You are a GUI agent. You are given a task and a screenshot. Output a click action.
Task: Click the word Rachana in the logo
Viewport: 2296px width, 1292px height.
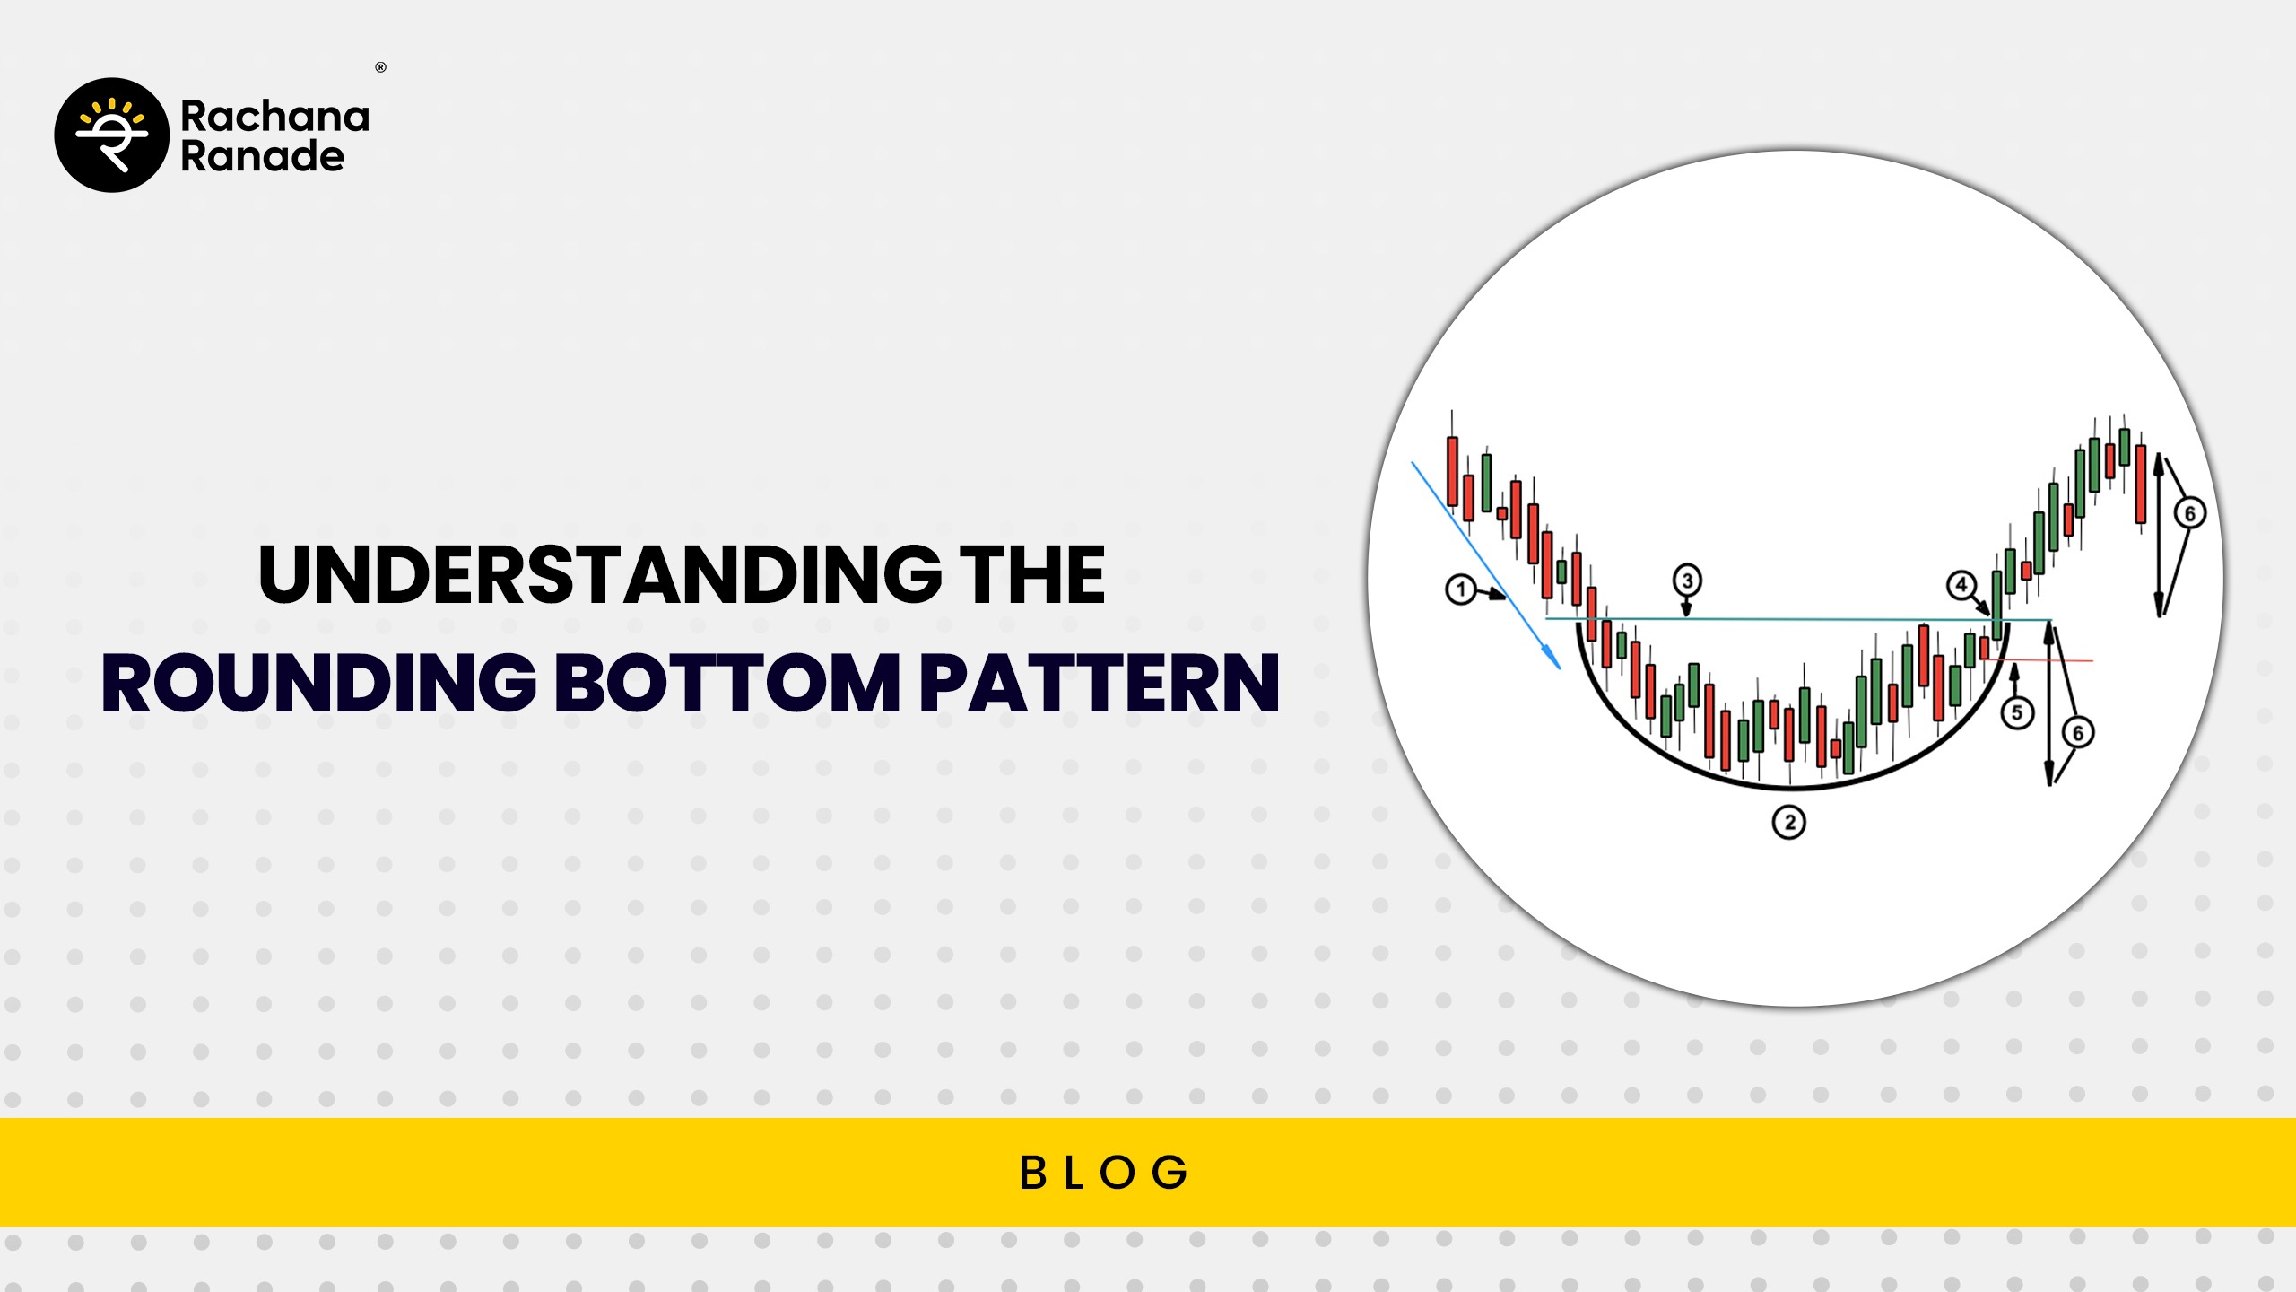point(274,117)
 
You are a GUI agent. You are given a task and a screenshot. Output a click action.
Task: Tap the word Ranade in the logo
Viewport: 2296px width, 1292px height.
point(263,156)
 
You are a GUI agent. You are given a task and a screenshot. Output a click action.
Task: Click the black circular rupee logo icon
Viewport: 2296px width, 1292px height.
point(112,135)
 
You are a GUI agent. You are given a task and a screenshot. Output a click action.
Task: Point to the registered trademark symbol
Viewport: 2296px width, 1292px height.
point(381,67)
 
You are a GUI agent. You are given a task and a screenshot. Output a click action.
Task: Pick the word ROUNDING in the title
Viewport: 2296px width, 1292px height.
point(319,683)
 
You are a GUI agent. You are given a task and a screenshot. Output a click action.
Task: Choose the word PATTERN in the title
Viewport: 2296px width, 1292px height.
point(1100,683)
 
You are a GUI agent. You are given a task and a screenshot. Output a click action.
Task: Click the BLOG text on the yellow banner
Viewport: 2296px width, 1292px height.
point(1104,1173)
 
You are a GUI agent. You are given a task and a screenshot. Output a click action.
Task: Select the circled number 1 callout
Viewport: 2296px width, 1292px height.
point(1461,589)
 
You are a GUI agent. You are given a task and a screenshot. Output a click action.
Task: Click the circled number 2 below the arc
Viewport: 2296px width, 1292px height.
point(1789,822)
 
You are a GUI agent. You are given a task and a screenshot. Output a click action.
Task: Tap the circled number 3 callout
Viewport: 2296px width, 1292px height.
point(1687,581)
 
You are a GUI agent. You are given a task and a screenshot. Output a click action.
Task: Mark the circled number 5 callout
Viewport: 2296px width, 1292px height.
point(2017,713)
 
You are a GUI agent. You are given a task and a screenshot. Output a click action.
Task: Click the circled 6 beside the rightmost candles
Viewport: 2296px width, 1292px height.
point(2189,513)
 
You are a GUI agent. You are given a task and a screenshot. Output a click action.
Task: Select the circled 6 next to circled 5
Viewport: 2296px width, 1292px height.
point(2078,733)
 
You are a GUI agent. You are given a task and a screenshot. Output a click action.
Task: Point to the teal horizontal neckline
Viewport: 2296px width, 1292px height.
point(1798,619)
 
